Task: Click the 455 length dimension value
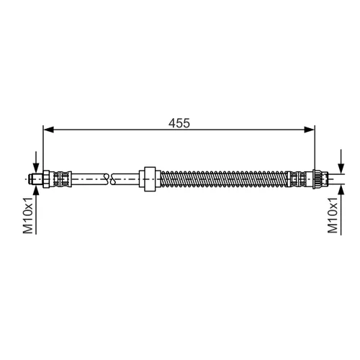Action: (179, 123)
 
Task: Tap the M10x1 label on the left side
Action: (28, 215)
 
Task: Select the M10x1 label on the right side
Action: (333, 215)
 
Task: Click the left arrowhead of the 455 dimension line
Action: (48, 130)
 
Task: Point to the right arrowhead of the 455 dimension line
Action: (310, 130)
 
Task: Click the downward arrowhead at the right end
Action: (341, 168)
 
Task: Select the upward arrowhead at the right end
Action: (341, 189)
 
